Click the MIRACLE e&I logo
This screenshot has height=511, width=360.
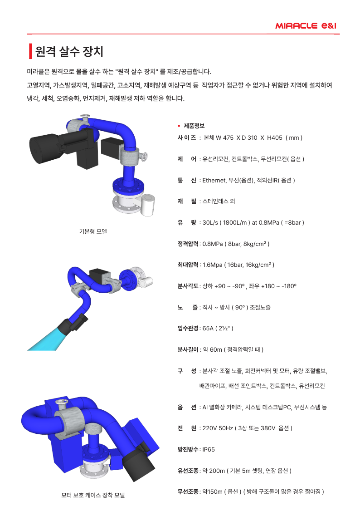[x=306, y=26]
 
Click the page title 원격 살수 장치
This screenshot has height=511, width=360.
[x=69, y=51]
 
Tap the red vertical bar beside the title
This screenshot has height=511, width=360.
[x=30, y=51]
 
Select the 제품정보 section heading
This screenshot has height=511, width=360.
[x=194, y=126]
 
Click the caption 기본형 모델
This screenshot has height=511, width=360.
[x=93, y=231]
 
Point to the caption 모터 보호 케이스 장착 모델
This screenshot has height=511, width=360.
[x=93, y=495]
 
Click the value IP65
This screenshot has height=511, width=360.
[x=209, y=449]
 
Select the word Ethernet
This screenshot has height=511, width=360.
[x=214, y=180]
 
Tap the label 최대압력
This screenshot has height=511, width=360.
[x=188, y=265]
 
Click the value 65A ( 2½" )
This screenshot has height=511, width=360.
[x=218, y=328]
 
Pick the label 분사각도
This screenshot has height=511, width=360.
[x=188, y=286]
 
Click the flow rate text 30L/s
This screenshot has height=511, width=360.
[x=210, y=222]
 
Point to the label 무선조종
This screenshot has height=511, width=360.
[x=188, y=491]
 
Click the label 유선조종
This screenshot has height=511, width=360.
[x=188, y=471]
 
